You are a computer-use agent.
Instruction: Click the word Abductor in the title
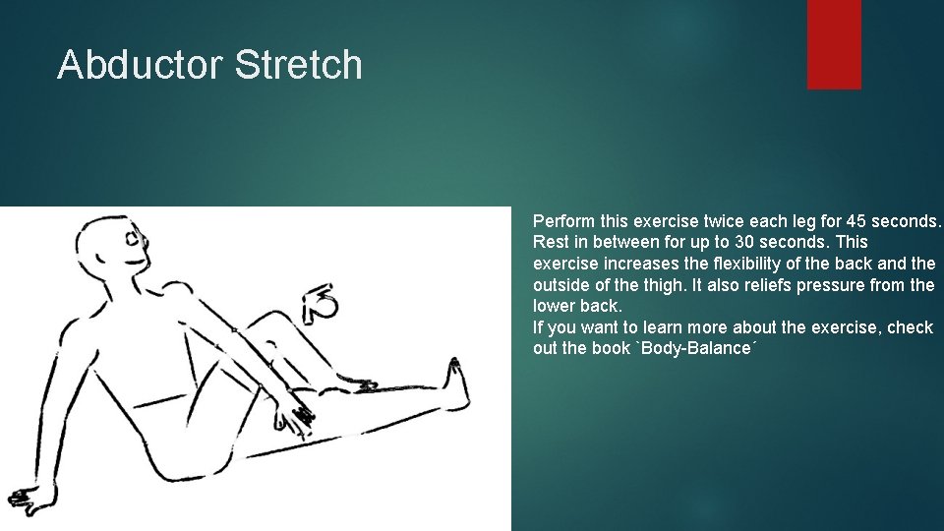click(140, 65)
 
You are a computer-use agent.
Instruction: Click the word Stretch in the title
click(299, 65)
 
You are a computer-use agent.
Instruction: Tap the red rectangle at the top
click(834, 44)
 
